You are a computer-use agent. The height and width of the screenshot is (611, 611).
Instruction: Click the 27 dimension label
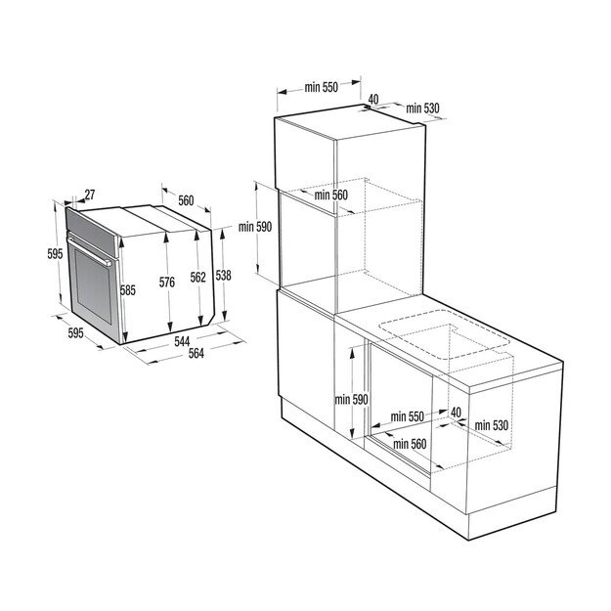tap(89, 196)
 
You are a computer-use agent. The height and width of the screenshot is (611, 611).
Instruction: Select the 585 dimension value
tap(128, 290)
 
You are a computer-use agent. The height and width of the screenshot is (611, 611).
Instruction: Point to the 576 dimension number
tap(167, 283)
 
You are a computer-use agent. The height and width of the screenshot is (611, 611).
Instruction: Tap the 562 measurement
tap(197, 278)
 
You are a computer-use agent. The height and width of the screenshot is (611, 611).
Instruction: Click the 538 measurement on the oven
tap(223, 276)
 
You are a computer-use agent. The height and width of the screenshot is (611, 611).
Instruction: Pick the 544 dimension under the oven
tap(182, 341)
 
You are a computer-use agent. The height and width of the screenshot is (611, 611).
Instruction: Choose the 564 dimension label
tap(195, 354)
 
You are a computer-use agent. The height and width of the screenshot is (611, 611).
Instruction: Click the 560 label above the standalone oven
tap(185, 201)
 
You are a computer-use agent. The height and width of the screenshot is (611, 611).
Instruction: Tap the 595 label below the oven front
tap(76, 332)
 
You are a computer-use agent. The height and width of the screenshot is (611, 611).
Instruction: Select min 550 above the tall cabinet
tap(320, 88)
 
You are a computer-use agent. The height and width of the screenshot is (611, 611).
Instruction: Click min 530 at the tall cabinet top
tap(425, 108)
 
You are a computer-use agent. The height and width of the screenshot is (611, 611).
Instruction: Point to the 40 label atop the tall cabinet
tap(372, 99)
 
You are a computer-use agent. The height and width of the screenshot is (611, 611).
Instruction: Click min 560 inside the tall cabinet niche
tap(330, 195)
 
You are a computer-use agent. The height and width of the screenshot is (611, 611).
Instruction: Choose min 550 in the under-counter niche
tap(406, 416)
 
